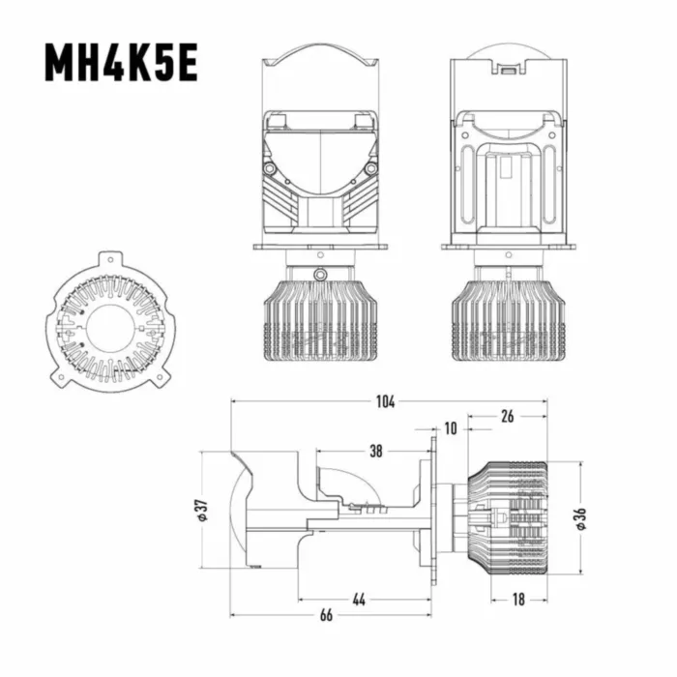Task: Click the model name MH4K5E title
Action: tap(122, 64)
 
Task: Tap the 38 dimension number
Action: tap(375, 450)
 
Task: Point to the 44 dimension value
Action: tap(359, 600)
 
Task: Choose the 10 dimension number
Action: tap(451, 428)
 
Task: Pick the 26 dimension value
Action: tap(508, 417)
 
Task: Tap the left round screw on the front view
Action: tap(270, 168)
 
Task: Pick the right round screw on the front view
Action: tap(370, 168)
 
